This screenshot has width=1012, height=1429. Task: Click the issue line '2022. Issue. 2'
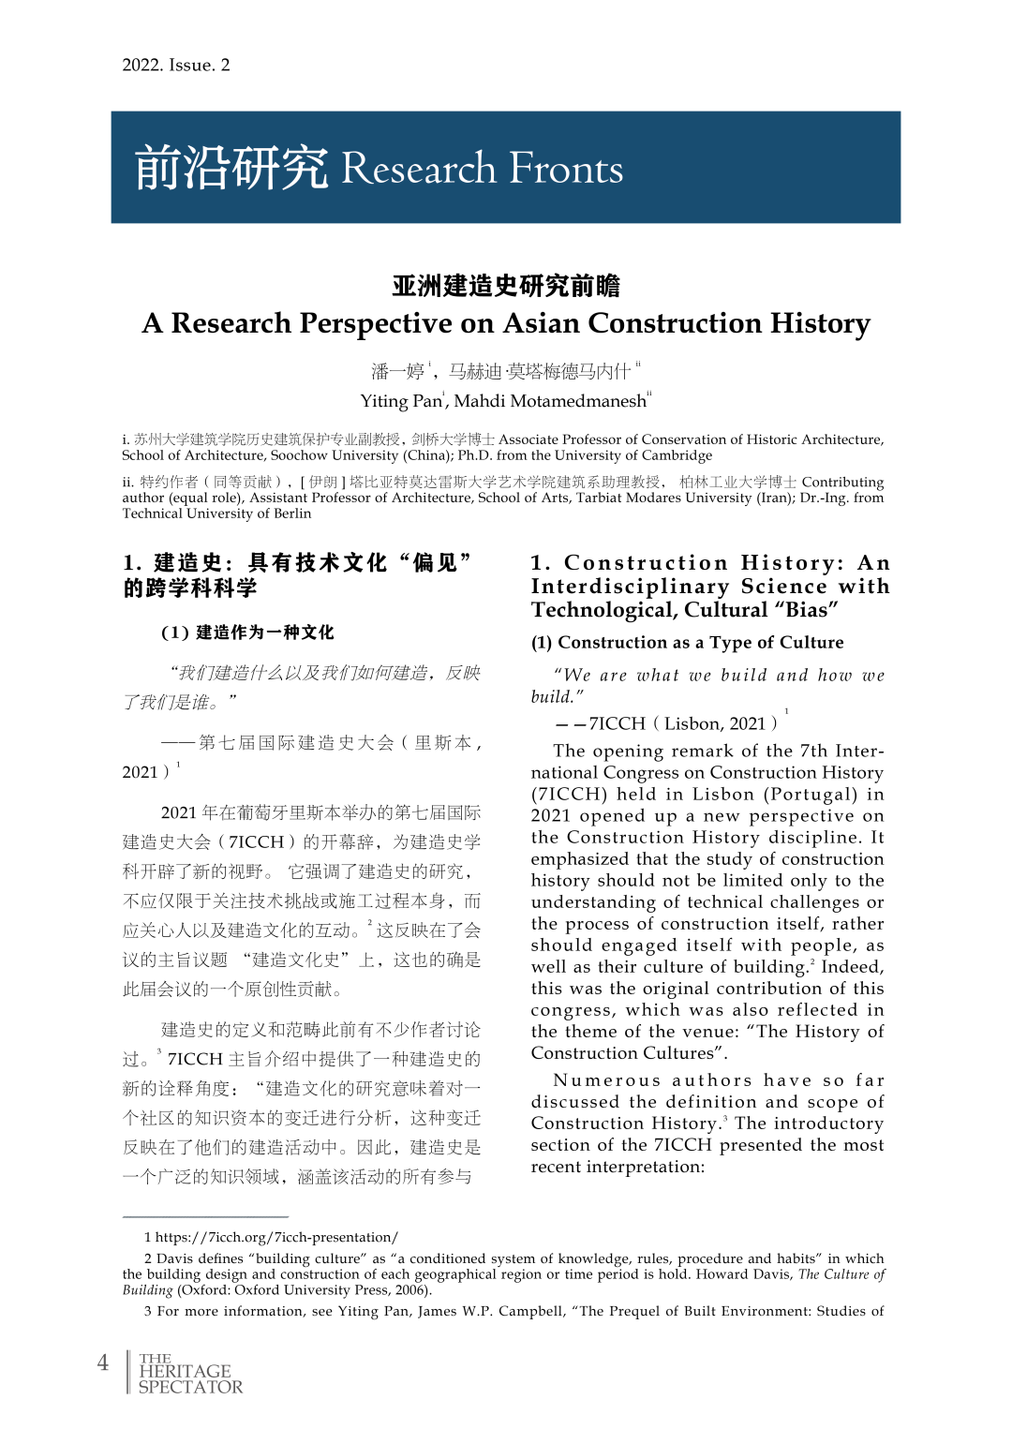pyautogui.click(x=175, y=65)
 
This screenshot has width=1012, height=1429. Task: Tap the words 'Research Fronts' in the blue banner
pyautogui.click(x=482, y=169)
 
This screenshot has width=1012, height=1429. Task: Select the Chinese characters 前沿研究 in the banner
pyautogui.click(x=231, y=169)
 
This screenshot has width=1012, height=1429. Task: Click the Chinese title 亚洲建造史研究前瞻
pyautogui.click(x=506, y=286)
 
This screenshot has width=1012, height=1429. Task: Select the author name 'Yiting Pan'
pyautogui.click(x=400, y=401)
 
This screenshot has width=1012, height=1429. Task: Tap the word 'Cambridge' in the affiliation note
pyautogui.click(x=674, y=455)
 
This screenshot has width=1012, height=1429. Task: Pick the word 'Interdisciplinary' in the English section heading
pyautogui.click(x=630, y=587)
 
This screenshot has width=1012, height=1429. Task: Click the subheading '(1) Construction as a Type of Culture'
pyautogui.click(x=687, y=642)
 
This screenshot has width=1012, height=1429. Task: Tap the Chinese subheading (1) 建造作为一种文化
pyautogui.click(x=247, y=633)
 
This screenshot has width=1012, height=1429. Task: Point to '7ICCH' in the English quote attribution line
pyautogui.click(x=618, y=723)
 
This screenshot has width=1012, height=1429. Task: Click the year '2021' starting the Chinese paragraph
pyautogui.click(x=179, y=812)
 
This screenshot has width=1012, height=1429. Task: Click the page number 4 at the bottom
pyautogui.click(x=103, y=1362)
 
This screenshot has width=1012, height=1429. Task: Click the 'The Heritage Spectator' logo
pyautogui.click(x=189, y=1373)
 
